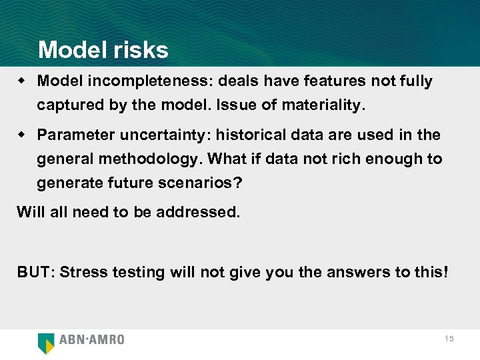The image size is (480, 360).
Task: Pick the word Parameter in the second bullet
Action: pyautogui.click(x=76, y=135)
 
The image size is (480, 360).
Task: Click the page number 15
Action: pyautogui.click(x=449, y=339)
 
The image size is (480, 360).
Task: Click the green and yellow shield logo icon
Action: pyautogui.click(x=46, y=342)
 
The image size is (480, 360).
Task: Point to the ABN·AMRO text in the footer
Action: pyautogui.click(x=92, y=340)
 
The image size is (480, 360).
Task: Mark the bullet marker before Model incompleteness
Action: pyautogui.click(x=23, y=81)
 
